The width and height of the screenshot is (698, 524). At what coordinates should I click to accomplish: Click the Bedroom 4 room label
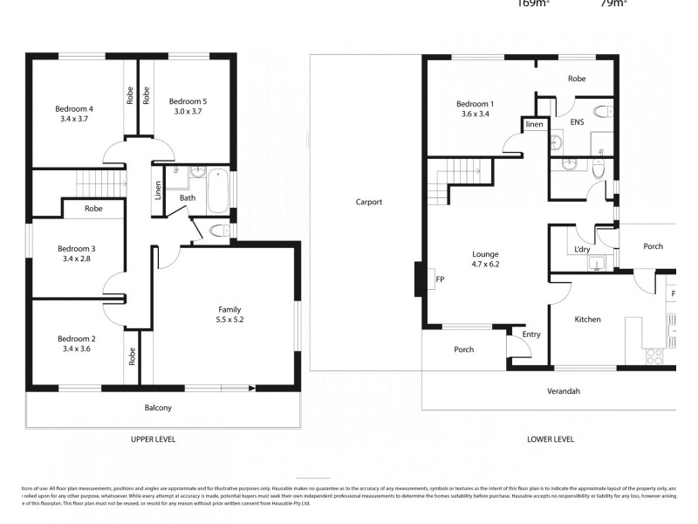pos(74,108)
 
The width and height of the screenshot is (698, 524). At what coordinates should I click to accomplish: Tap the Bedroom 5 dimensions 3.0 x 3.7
pos(188,112)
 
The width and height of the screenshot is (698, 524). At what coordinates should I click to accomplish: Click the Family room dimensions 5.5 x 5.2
pos(229,320)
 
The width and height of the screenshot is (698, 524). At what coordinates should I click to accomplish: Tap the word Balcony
pos(158,408)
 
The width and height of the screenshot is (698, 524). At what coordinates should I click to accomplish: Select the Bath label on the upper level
pos(188,198)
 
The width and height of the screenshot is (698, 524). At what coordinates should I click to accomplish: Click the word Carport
pos(369,202)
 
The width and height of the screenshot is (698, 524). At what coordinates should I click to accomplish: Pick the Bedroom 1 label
pos(475,103)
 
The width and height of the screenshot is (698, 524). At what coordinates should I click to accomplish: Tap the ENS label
pos(577,123)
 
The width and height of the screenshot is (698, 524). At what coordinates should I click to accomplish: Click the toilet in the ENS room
pos(599,111)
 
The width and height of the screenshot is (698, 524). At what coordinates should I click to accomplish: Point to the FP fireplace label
pos(440,280)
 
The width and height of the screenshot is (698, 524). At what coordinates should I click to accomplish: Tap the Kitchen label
pos(587,319)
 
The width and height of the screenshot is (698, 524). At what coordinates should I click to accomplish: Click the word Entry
pos(531,334)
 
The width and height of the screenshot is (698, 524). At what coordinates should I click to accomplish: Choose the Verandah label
pos(564,391)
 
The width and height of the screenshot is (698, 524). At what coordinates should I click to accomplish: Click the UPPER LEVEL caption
pos(153,439)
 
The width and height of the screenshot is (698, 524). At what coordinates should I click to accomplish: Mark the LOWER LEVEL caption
pos(551,439)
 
